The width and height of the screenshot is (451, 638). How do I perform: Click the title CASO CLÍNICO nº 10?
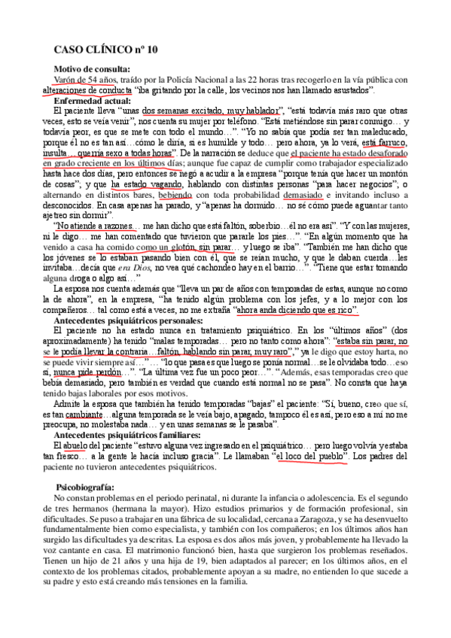[105, 51]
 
